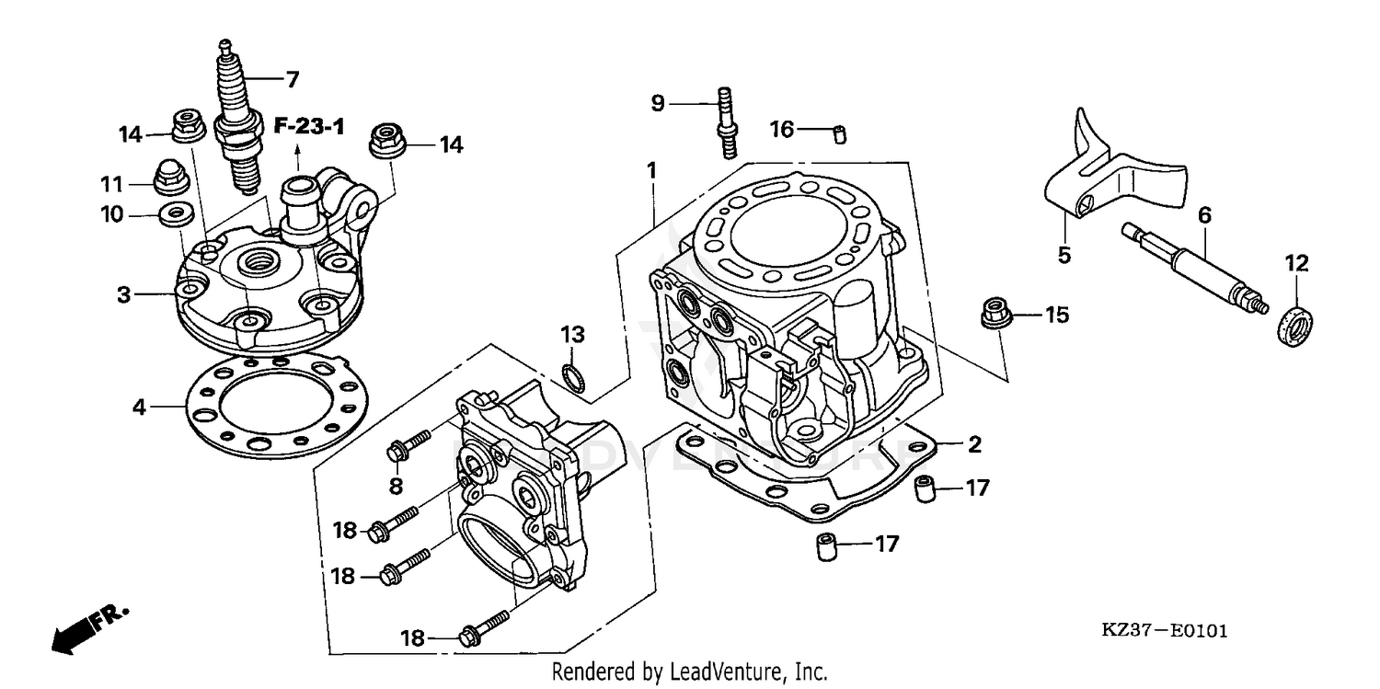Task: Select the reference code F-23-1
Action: [310, 126]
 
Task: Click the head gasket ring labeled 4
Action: [276, 405]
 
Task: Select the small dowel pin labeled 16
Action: [840, 134]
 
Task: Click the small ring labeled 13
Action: [573, 377]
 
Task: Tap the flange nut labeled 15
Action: [994, 313]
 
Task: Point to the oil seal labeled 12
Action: [1297, 326]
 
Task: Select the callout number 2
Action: [974, 445]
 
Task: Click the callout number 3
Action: [123, 295]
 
